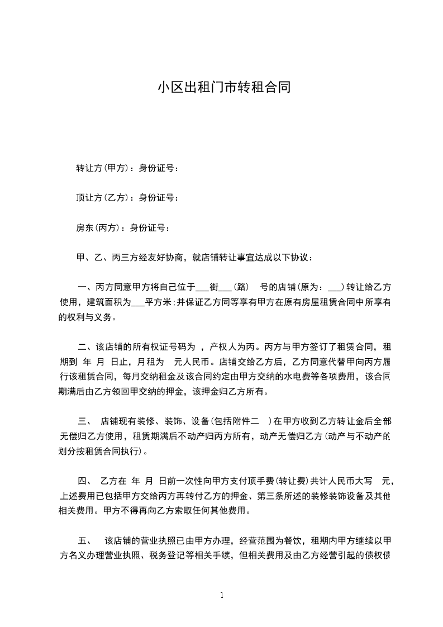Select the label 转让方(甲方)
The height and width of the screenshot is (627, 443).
[x=102, y=168]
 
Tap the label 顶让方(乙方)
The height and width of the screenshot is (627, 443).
[x=102, y=198]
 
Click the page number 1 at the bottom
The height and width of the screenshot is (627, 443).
[x=222, y=595]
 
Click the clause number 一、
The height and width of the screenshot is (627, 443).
[x=85, y=288]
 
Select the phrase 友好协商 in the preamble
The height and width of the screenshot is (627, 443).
[x=166, y=258]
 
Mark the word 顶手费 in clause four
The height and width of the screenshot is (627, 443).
[x=263, y=480]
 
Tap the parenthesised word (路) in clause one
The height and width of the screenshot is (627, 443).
[x=241, y=288]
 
